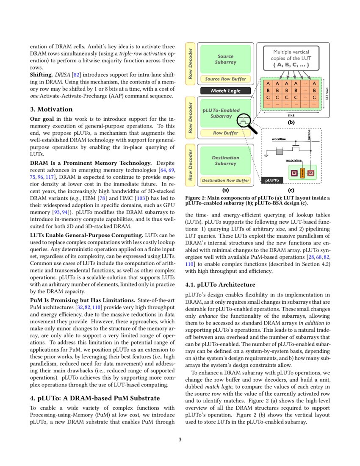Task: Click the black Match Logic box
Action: pyautogui.click(x=225, y=91)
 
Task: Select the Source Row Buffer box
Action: pyautogui.click(x=225, y=79)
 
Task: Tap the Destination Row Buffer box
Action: pyautogui.click(x=225, y=180)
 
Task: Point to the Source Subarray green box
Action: pyautogui.click(x=225, y=59)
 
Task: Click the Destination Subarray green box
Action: pyautogui.click(x=225, y=161)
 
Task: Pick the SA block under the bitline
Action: pyautogui.click(x=311, y=173)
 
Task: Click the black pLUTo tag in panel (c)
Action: pyautogui.click(x=271, y=180)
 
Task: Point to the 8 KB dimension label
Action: pyautogui.click(x=292, y=115)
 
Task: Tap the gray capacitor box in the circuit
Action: pyautogui.click(x=279, y=151)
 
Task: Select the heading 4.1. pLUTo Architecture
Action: pyautogui.click(x=220, y=284)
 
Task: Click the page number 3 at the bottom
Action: pyautogui.click(x=180, y=439)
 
